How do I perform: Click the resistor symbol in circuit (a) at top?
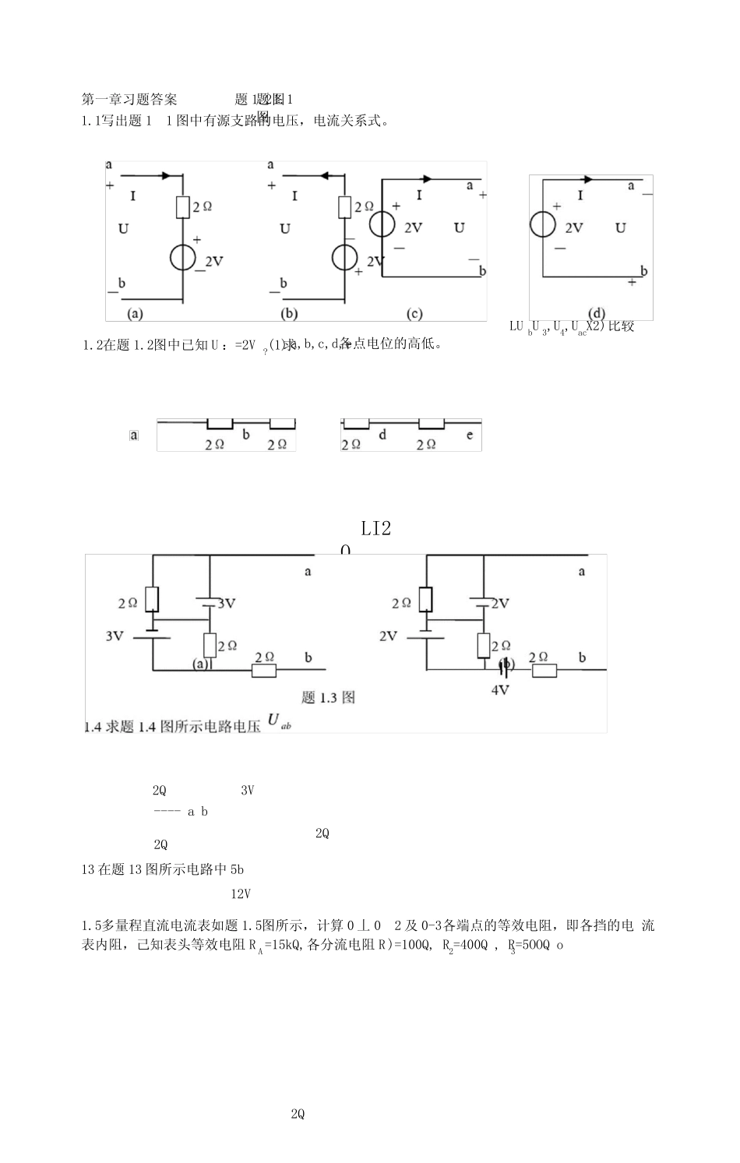(x=183, y=206)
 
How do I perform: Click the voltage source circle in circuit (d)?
(x=542, y=224)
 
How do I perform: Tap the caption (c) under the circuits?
(x=414, y=313)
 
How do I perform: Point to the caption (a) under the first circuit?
(x=135, y=313)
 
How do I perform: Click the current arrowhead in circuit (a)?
(x=165, y=176)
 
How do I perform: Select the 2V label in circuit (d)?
(x=574, y=227)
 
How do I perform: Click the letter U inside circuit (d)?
(x=621, y=227)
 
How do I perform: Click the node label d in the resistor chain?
(x=382, y=435)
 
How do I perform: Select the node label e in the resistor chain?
(x=469, y=435)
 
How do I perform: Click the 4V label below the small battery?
(x=499, y=689)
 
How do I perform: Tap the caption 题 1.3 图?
(x=328, y=697)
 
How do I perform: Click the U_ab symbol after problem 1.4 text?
(x=278, y=722)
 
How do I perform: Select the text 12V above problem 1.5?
(x=240, y=894)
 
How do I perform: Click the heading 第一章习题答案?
(x=129, y=99)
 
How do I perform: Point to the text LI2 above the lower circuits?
(x=376, y=529)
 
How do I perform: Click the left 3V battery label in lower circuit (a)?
(x=115, y=636)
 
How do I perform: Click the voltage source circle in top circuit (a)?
(x=183, y=257)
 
